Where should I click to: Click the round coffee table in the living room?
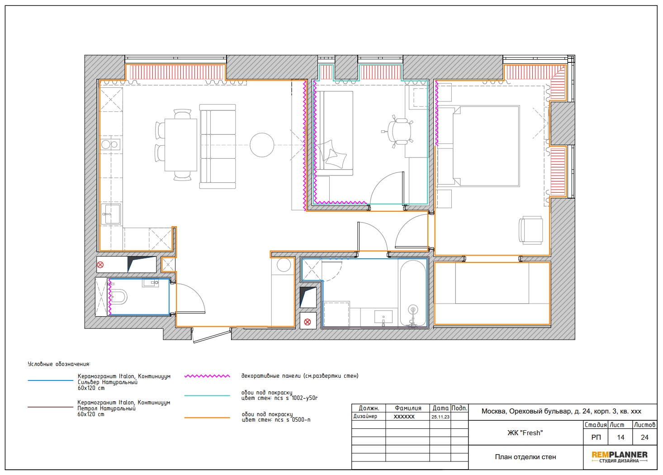[262, 145]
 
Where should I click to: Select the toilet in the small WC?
[118, 296]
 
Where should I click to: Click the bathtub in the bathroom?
[413, 294]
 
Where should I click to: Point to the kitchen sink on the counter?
[111, 214]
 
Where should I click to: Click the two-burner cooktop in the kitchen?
[110, 144]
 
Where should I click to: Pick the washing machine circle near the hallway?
[284, 265]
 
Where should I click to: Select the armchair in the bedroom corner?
[530, 230]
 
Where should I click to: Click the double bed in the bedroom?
[486, 146]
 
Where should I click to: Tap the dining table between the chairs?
[180, 145]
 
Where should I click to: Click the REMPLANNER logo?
[620, 456]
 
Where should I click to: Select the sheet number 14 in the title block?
[620, 437]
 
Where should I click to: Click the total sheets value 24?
[644, 437]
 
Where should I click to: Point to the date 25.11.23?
[440, 417]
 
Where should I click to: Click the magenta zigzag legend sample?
[207, 376]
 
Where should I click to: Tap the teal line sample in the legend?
[207, 395]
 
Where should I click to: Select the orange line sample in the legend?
[207, 418]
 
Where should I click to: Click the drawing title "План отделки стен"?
[526, 457]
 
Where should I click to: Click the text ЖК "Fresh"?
[525, 433]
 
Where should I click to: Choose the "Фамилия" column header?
[407, 408]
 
